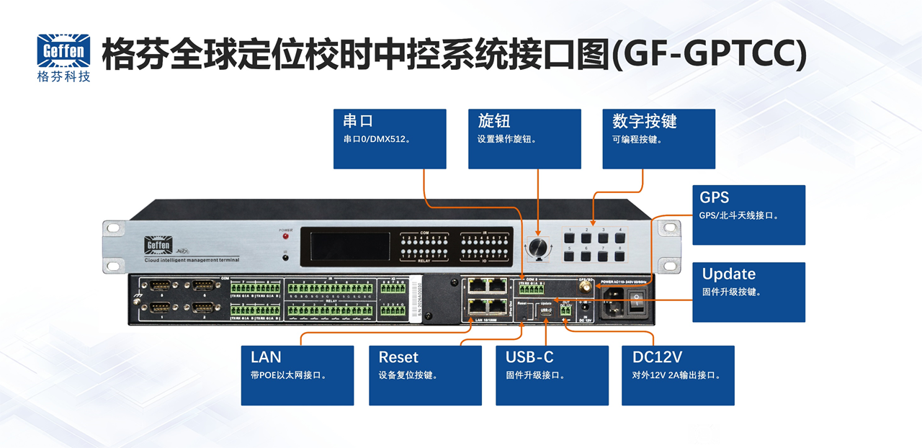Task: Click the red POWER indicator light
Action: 286,236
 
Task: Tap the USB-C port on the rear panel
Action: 546,310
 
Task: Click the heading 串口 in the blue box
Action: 358,120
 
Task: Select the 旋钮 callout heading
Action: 493,120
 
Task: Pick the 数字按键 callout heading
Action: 644,120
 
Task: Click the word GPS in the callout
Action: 715,197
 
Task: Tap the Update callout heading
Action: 728,274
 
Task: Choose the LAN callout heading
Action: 266,357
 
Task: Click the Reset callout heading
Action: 398,357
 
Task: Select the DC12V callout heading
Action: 657,357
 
